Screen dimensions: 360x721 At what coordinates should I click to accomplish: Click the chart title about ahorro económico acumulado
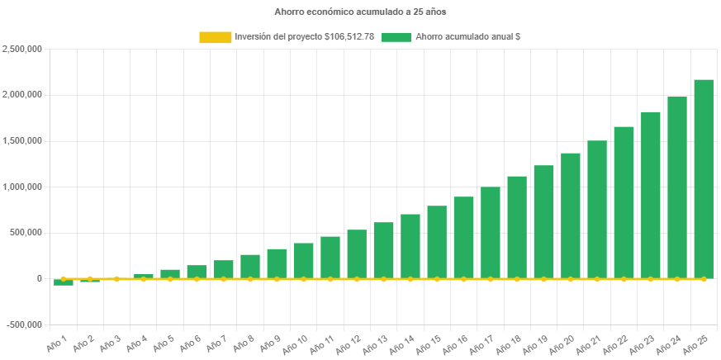point(360,12)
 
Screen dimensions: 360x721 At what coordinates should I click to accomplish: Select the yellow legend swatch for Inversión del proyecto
point(215,37)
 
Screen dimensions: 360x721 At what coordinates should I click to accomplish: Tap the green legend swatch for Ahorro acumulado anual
point(396,37)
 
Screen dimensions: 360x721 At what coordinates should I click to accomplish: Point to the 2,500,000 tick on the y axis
point(23,49)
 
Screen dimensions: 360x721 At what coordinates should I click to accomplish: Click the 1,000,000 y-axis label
point(23,187)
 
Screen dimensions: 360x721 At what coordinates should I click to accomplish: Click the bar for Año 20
point(571,216)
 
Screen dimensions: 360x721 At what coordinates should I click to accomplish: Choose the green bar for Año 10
point(303,260)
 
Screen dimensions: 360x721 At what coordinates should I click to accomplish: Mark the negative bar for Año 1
point(64,282)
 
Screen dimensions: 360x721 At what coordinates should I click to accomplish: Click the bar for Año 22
point(624,202)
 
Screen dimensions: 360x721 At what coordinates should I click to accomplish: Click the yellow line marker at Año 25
point(704,279)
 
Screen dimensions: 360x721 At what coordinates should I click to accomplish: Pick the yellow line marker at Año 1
point(64,279)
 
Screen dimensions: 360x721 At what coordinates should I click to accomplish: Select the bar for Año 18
point(517,227)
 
